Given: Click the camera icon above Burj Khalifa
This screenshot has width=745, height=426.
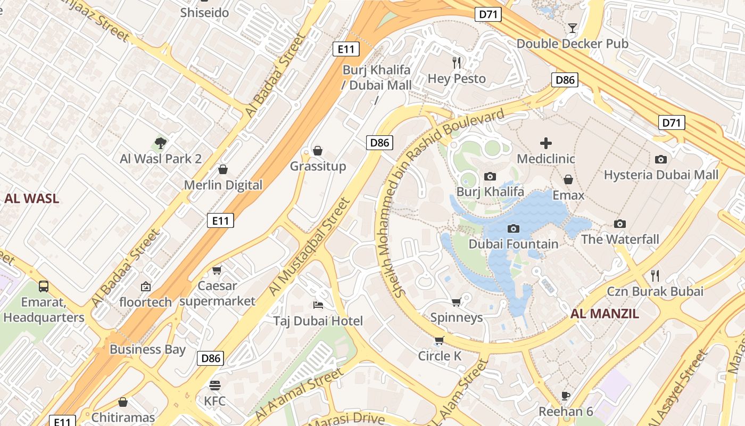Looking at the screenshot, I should click(x=490, y=176).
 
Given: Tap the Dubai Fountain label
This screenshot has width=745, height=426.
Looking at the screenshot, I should click(x=514, y=244).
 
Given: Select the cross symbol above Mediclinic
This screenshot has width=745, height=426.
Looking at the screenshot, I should click(x=546, y=143).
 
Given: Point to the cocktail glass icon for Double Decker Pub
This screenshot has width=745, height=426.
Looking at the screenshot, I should click(x=573, y=28).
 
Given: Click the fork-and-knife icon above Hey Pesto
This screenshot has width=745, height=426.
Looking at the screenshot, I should click(x=457, y=63).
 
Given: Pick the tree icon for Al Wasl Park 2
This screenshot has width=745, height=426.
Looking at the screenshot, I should click(x=160, y=143).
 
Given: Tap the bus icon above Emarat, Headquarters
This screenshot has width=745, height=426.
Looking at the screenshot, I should click(x=44, y=286).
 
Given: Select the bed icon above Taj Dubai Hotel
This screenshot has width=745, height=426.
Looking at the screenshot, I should click(x=318, y=305).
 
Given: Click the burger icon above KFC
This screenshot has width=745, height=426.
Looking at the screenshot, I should click(x=215, y=384).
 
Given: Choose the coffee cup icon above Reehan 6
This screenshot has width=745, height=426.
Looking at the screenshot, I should click(x=566, y=396).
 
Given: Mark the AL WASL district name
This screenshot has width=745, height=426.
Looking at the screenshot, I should click(x=32, y=199).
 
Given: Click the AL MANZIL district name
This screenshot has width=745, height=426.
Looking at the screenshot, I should click(x=605, y=314).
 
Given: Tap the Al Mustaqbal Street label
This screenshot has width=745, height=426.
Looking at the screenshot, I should click(x=309, y=247).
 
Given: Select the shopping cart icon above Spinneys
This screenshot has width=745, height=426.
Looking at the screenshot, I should click(x=456, y=302).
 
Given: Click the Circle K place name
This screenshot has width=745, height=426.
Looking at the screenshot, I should click(x=440, y=356).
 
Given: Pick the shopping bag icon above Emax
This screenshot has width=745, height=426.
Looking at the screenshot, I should click(x=568, y=179).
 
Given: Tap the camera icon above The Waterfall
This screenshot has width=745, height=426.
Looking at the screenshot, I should click(x=619, y=224).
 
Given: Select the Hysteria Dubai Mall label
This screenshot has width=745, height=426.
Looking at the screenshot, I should click(x=661, y=175).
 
